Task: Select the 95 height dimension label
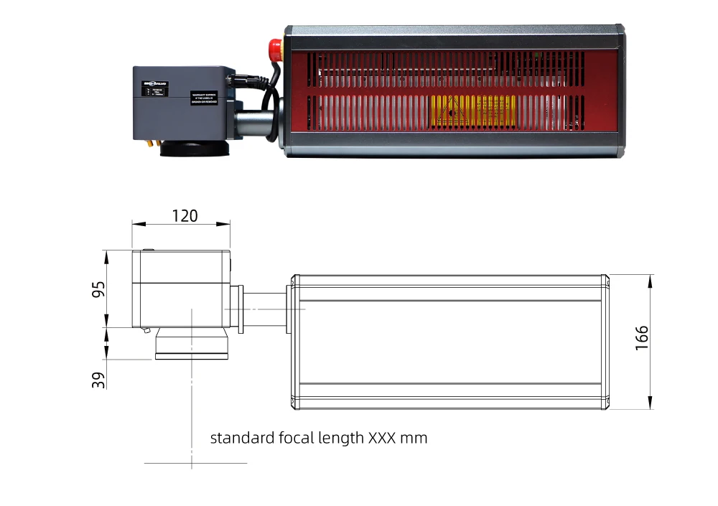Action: pyautogui.click(x=98, y=289)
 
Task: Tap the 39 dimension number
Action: pyautogui.click(x=98, y=379)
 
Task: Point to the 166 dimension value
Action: pyautogui.click(x=641, y=337)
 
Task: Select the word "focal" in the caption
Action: pyautogui.click(x=296, y=438)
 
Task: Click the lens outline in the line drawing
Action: pyautogui.click(x=192, y=346)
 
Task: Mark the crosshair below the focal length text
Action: pyautogui.click(x=192, y=463)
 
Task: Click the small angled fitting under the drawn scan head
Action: pyautogui.click(x=146, y=331)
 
